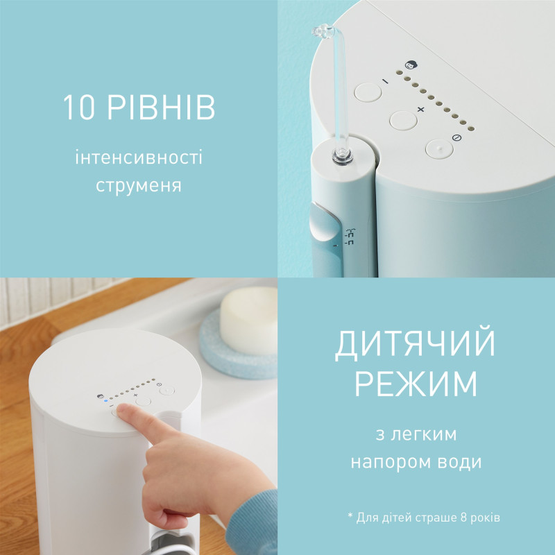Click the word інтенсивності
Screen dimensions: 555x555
tap(139, 158)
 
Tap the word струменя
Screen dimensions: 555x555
tap(139, 187)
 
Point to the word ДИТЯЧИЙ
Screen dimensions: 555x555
tap(416, 345)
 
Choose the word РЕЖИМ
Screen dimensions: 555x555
tap(416, 384)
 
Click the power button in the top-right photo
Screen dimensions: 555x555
tap(438, 148)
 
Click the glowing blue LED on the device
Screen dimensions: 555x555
tap(105, 400)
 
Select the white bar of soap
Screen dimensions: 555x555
tap(248, 321)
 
